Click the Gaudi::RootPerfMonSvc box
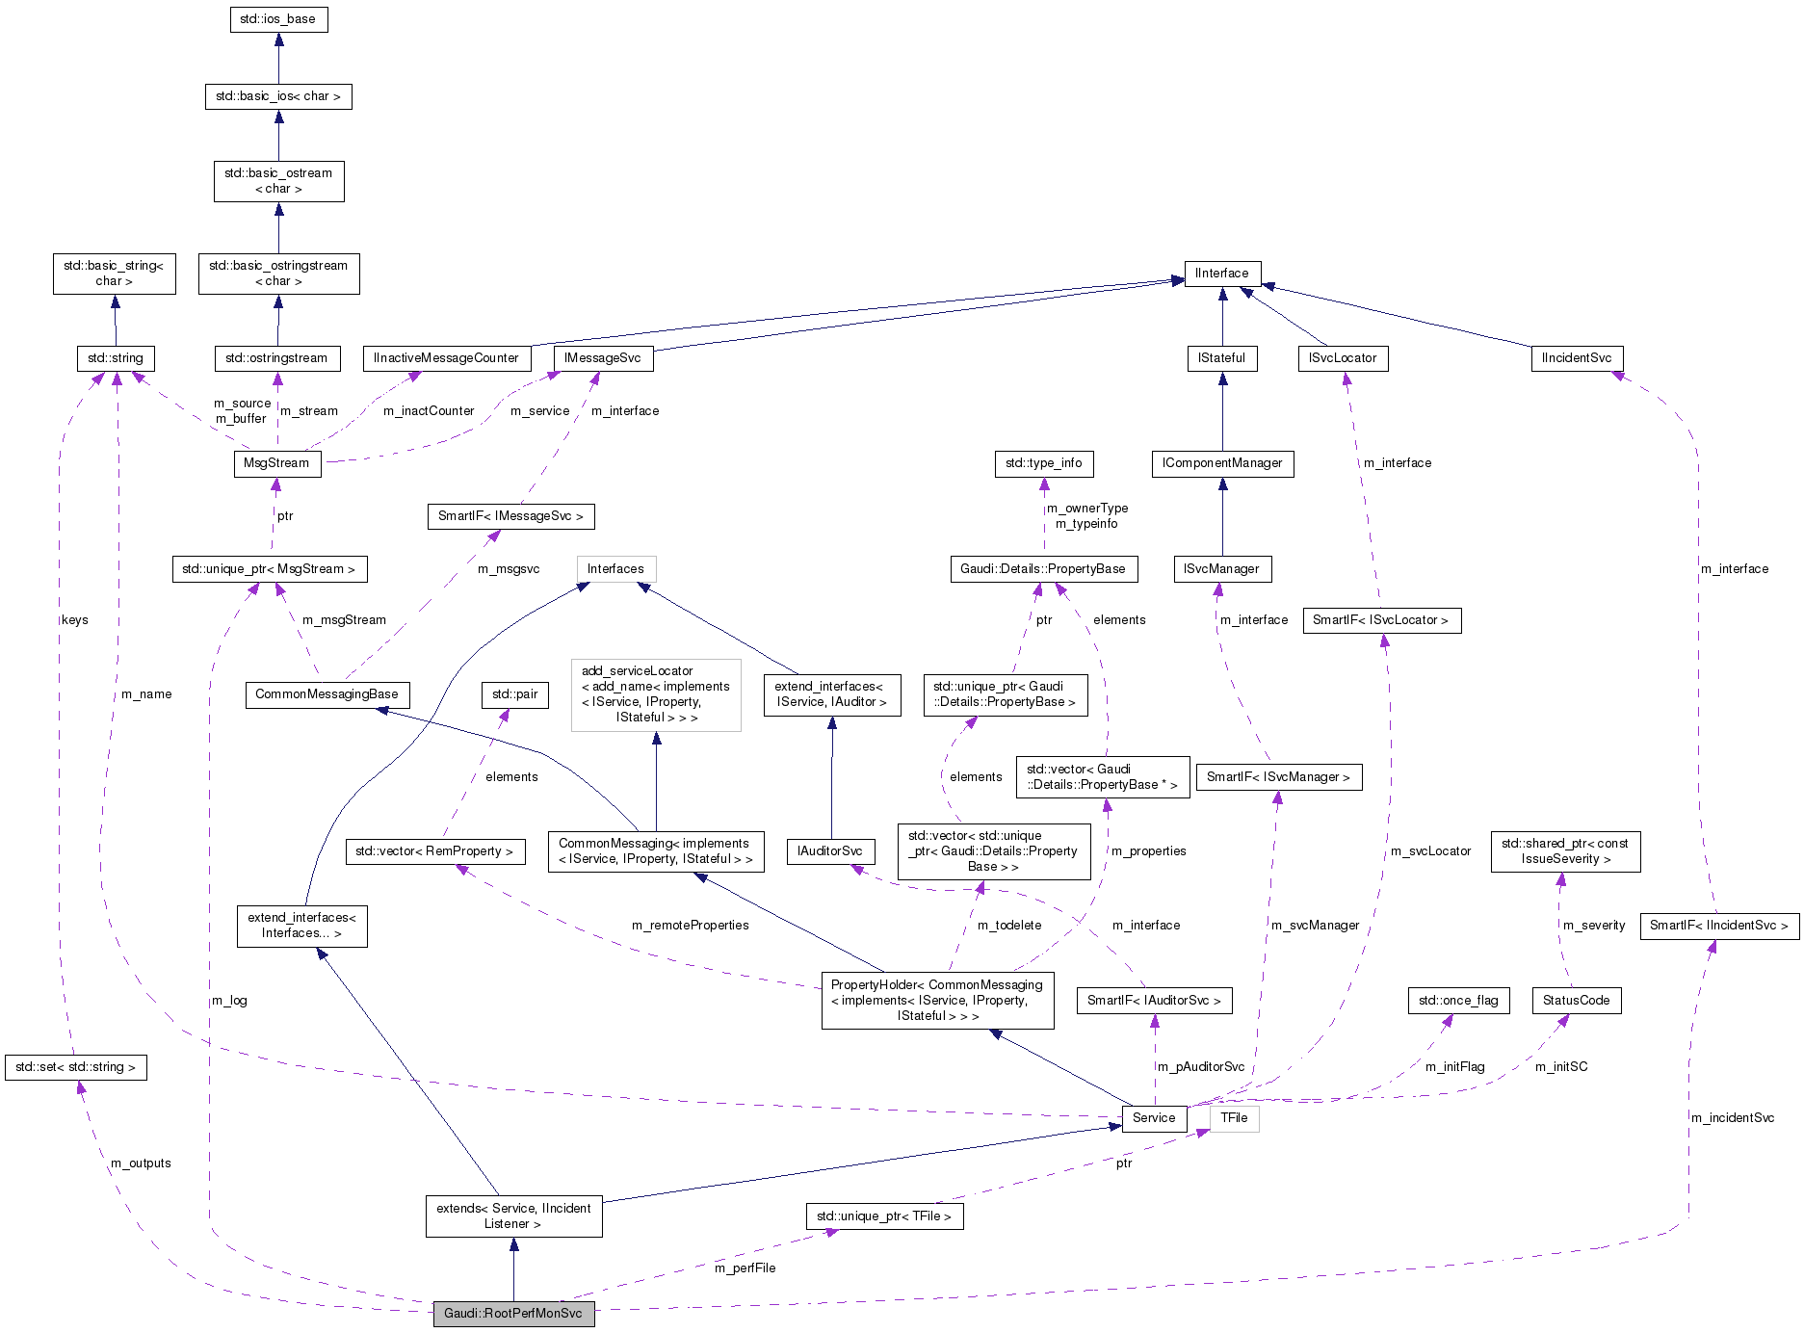[x=513, y=1313]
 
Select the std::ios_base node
[x=278, y=19]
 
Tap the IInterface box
[x=1221, y=274]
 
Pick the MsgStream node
[x=276, y=463]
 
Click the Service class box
[x=1153, y=1118]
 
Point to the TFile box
[x=1234, y=1118]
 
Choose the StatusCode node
[x=1576, y=1001]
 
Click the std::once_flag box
[x=1458, y=1001]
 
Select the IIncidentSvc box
[x=1576, y=358]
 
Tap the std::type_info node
[x=1043, y=463]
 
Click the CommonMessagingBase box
[x=327, y=694]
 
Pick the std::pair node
[x=514, y=694]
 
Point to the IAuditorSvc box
[x=829, y=851]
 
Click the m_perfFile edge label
[x=745, y=1268]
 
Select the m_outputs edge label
[x=141, y=1163]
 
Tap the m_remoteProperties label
[x=690, y=926]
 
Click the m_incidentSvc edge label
[x=1732, y=1118]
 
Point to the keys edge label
[x=74, y=620]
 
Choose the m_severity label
[x=1593, y=926]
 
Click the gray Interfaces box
[x=615, y=569]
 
